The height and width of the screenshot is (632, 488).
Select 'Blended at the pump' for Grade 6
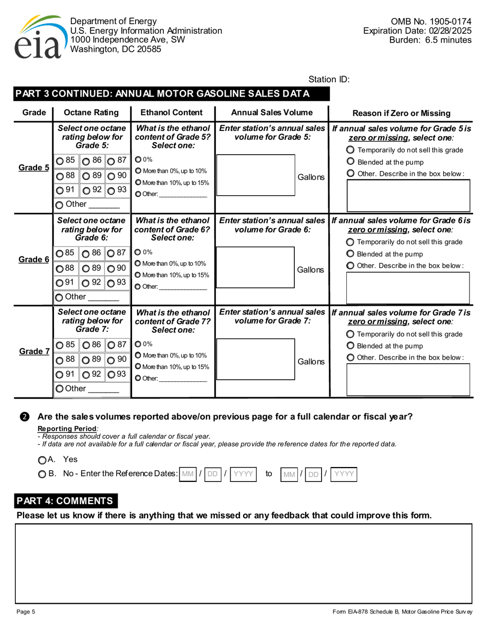coord(350,254)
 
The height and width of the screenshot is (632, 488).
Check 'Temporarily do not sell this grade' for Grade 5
coord(350,150)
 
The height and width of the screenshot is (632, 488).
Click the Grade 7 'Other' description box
coord(409,380)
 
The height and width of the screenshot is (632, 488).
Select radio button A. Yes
coord(42,460)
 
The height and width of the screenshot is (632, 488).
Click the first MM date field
coord(189,474)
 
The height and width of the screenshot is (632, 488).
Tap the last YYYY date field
coord(344,474)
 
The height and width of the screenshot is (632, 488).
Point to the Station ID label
coord(329,79)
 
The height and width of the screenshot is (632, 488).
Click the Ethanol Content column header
coord(172,113)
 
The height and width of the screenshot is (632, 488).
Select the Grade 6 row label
coord(34,260)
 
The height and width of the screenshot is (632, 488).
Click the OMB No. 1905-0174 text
coord(431,22)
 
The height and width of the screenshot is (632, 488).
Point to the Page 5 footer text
coord(26,611)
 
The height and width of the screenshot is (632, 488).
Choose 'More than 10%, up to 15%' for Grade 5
coord(138,182)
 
